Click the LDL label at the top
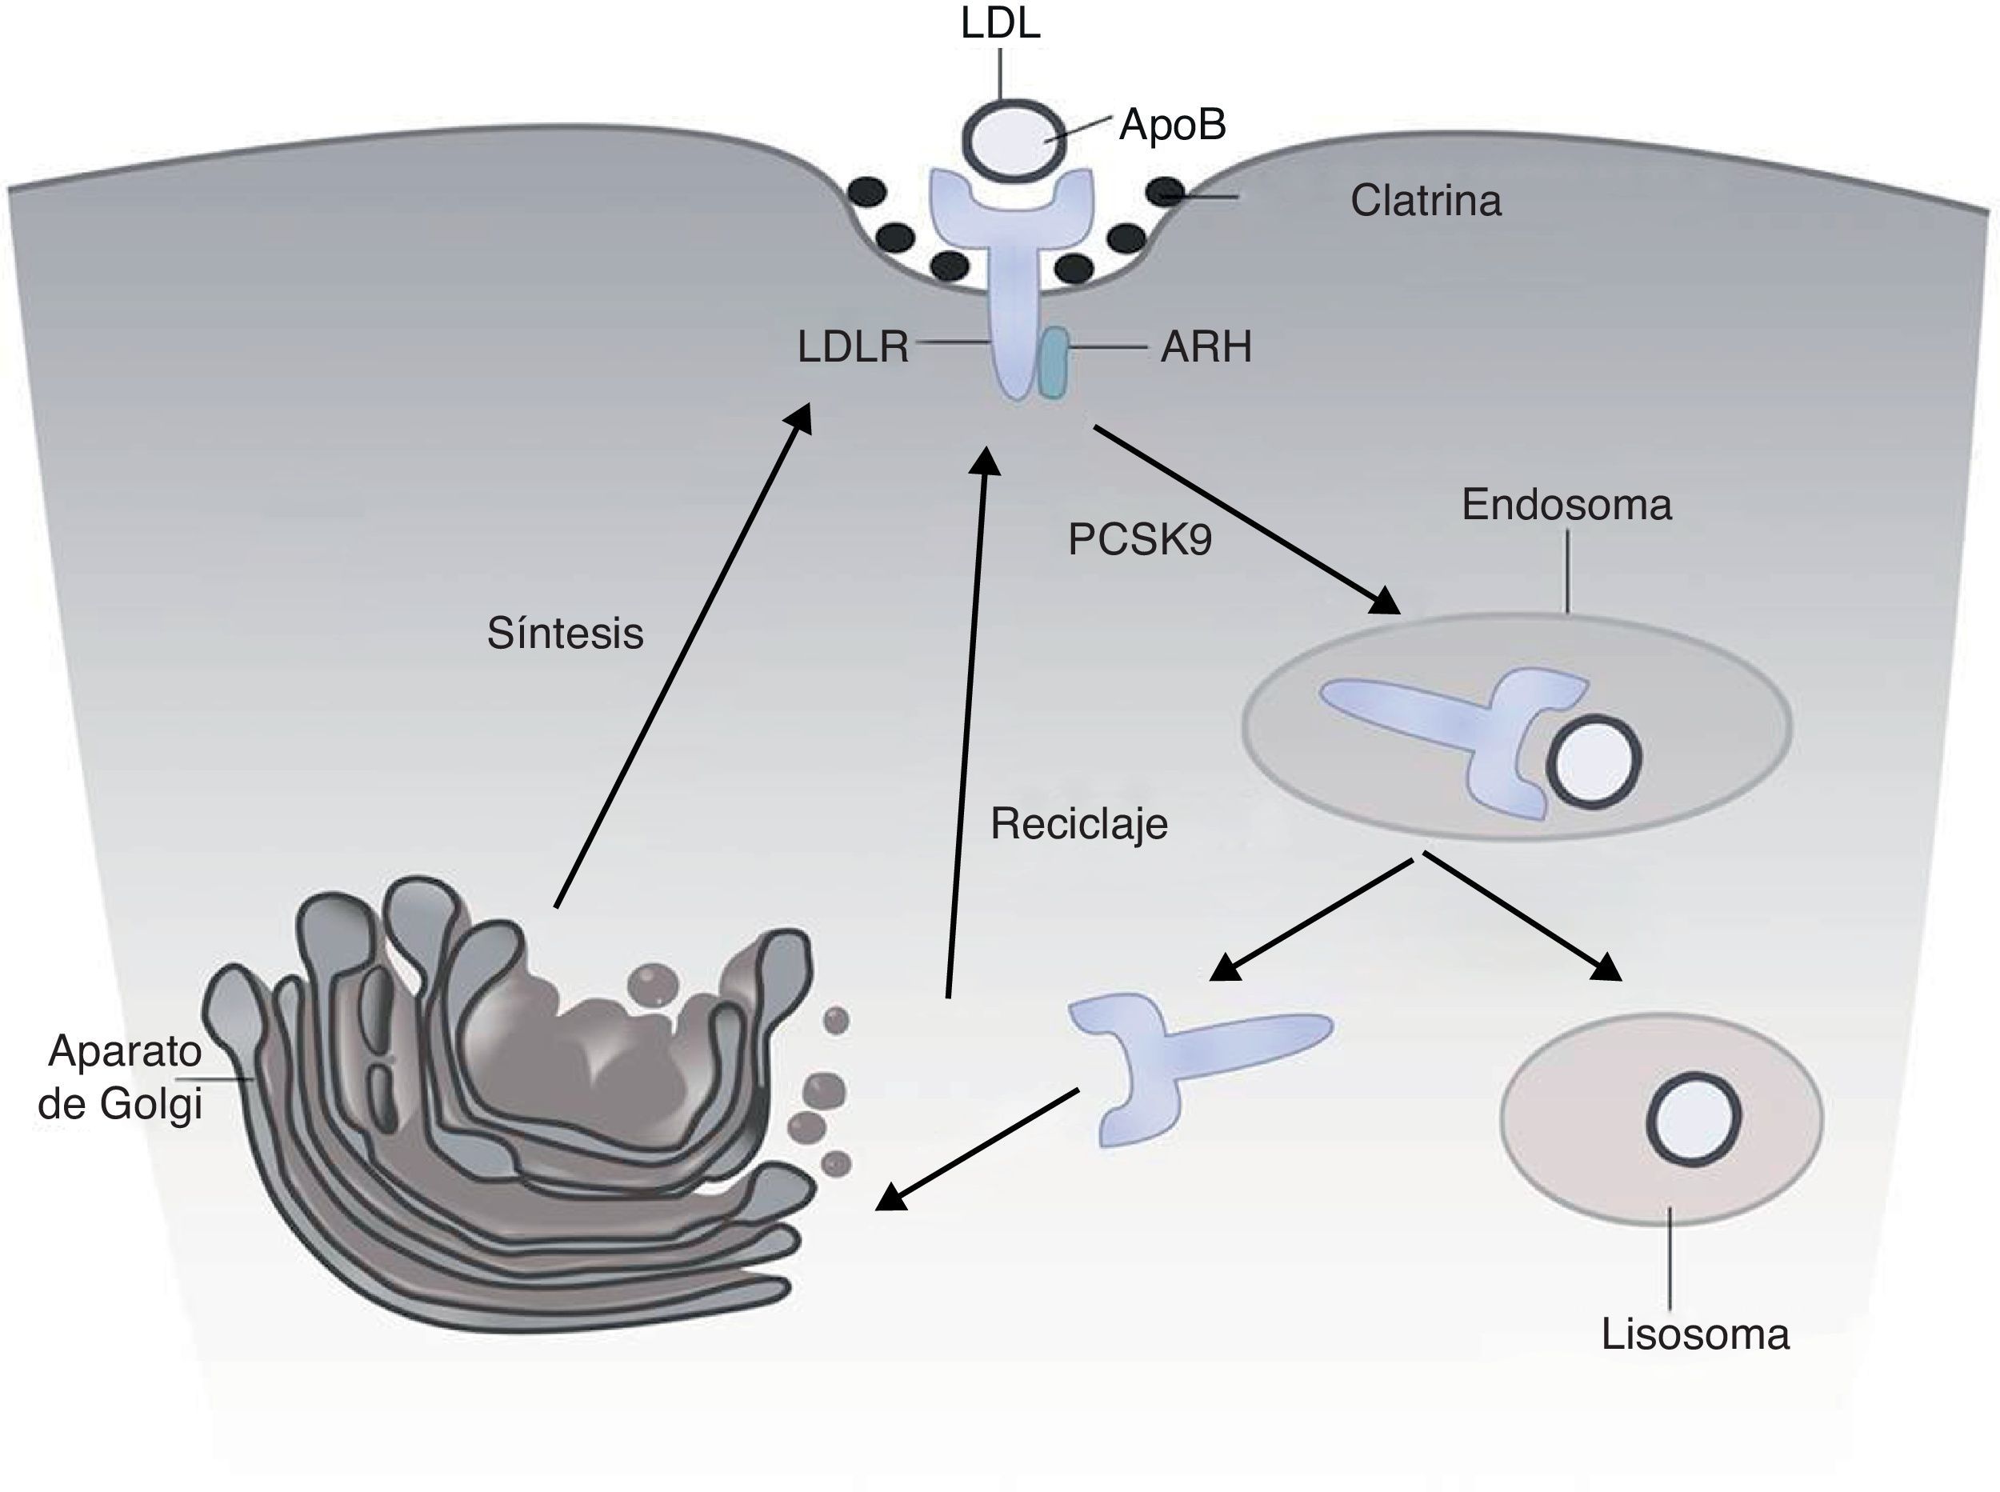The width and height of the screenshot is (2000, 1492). pos(1001,22)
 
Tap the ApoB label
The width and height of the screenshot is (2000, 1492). pos(1173,125)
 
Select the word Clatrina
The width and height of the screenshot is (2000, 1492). pos(1426,201)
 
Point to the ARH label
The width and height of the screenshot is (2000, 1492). pos(1206,347)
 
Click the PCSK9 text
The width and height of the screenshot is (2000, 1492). pos(1139,540)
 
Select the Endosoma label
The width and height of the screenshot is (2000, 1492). pos(1566,505)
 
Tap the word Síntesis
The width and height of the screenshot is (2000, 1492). pos(566,633)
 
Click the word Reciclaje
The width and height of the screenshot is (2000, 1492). pos(1079,824)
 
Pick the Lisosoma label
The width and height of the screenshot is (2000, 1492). pos(1695,1334)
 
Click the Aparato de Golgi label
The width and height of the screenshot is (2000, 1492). pos(121,1078)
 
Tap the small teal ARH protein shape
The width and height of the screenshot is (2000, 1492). pos(1053,363)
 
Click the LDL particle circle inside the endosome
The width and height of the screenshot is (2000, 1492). pos(1593,761)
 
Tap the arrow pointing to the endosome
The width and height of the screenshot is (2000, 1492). pos(1247,519)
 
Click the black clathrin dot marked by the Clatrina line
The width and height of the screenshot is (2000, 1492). pos(1165,191)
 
